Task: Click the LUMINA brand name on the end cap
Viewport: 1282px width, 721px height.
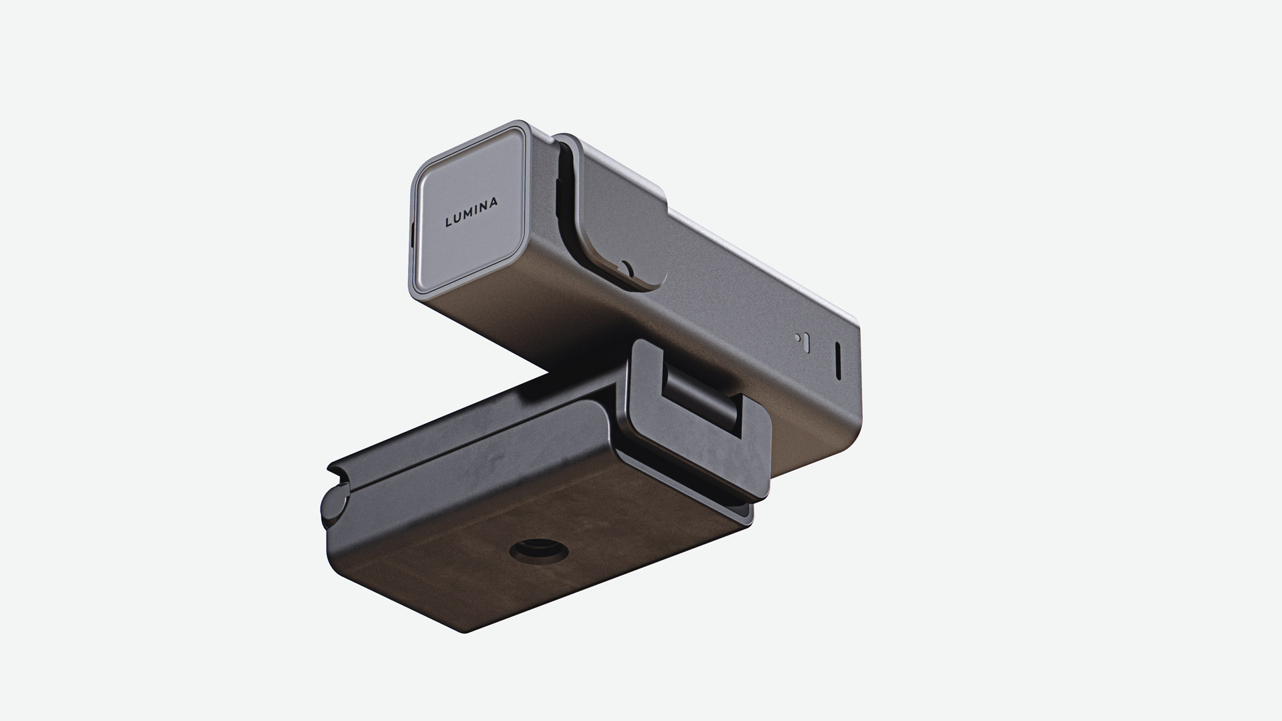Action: coord(471,212)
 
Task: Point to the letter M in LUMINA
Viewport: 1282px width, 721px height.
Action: coord(467,215)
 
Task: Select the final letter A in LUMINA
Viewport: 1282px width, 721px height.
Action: coord(493,202)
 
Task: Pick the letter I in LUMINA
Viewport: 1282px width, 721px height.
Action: coord(475,211)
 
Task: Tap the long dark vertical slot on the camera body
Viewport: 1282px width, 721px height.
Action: coord(838,361)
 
